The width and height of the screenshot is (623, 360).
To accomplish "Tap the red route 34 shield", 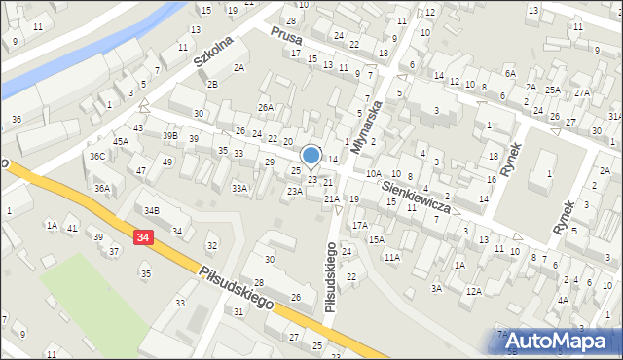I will [x=144, y=237].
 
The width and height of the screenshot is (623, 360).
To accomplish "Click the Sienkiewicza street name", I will [x=415, y=196].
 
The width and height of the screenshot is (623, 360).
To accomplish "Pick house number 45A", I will [x=120, y=141].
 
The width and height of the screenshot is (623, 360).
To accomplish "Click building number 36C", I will [x=97, y=156].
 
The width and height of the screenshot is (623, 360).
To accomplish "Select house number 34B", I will [x=151, y=210].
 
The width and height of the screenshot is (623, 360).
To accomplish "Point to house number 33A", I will [x=238, y=188].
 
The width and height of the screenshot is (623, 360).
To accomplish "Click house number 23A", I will [x=294, y=192].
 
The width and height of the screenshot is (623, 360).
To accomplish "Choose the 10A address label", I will [x=374, y=173].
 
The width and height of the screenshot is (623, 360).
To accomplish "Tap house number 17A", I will [x=360, y=225].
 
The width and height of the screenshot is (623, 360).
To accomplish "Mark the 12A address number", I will [x=473, y=291].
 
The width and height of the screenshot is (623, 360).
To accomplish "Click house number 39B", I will [x=170, y=135].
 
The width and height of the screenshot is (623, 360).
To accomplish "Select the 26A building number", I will [x=266, y=107].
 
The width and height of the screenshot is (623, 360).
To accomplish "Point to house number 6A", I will [x=509, y=74].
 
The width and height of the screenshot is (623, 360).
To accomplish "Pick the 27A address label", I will [x=582, y=92].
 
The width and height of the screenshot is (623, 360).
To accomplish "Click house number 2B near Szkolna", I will [x=212, y=84].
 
